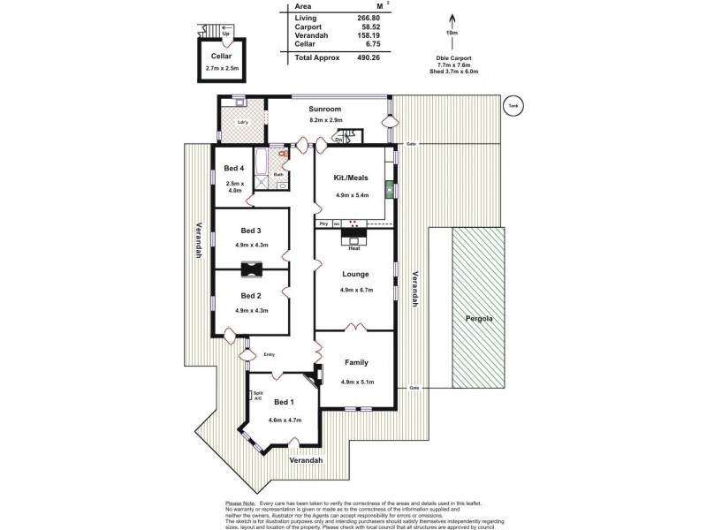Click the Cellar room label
(x=209, y=56)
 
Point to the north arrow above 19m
(x=452, y=19)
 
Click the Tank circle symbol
(x=512, y=108)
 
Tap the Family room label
(x=355, y=362)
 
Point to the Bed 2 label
(x=252, y=296)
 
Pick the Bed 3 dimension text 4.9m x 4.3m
(x=252, y=245)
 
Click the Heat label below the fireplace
(x=354, y=249)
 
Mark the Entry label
(x=270, y=355)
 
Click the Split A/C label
(x=258, y=397)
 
